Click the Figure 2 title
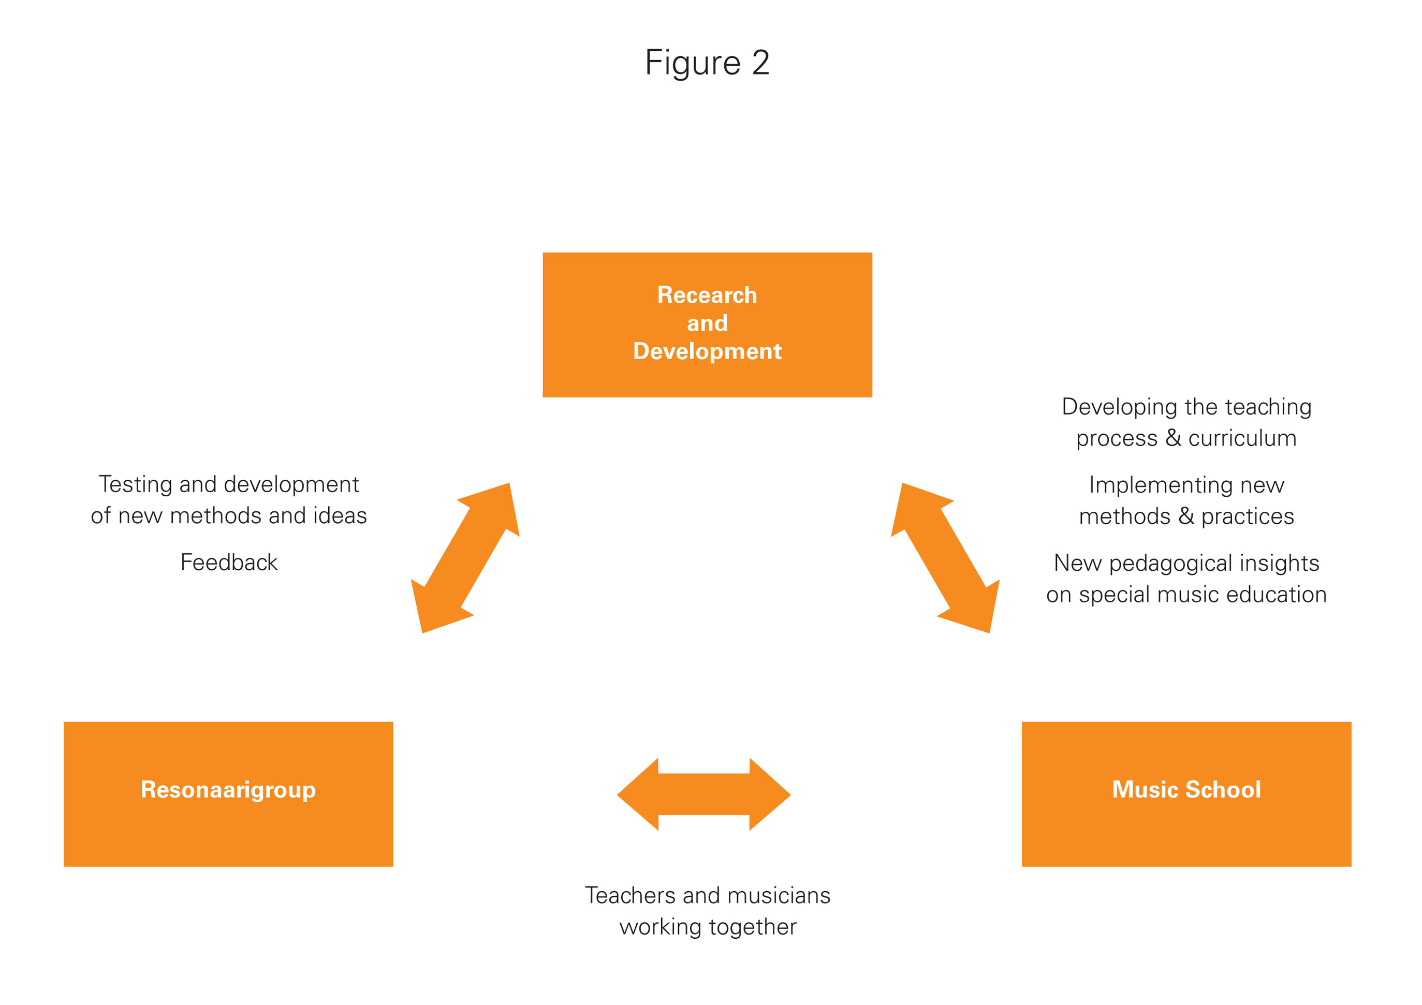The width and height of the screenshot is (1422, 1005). (707, 63)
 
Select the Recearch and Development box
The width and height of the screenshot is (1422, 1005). (707, 324)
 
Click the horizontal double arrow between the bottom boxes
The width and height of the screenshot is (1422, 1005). (703, 794)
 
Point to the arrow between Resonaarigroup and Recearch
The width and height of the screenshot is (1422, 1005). (465, 557)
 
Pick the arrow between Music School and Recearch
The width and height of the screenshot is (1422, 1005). (945, 557)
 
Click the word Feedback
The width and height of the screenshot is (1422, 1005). (228, 562)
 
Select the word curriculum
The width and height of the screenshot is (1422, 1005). (1242, 438)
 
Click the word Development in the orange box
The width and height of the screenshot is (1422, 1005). (707, 352)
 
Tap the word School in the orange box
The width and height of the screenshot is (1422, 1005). (1223, 790)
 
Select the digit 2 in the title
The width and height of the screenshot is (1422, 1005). (760, 63)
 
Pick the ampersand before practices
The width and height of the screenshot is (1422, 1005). (1185, 516)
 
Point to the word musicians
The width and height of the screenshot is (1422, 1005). (779, 895)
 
